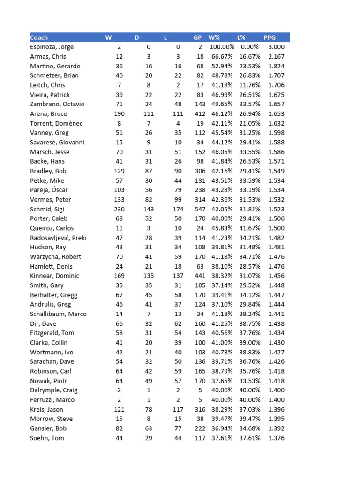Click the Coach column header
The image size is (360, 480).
click(39, 37)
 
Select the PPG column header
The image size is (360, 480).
click(270, 37)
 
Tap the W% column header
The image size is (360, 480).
click(214, 37)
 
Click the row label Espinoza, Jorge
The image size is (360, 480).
click(52, 47)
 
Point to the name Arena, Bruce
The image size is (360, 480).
click(49, 114)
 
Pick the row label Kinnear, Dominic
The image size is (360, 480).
click(55, 276)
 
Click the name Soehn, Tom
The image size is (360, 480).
click(48, 438)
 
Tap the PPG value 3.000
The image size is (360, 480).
click(276, 47)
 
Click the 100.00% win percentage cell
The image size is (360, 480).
click(222, 47)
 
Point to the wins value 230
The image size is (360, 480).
click(120, 209)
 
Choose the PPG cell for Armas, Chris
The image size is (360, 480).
click(276, 57)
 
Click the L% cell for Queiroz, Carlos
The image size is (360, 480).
click(250, 228)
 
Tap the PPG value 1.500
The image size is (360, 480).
click(276, 228)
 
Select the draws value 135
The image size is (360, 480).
click(148, 276)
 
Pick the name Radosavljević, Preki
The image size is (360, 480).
click(58, 238)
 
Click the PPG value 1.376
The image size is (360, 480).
click(276, 438)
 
